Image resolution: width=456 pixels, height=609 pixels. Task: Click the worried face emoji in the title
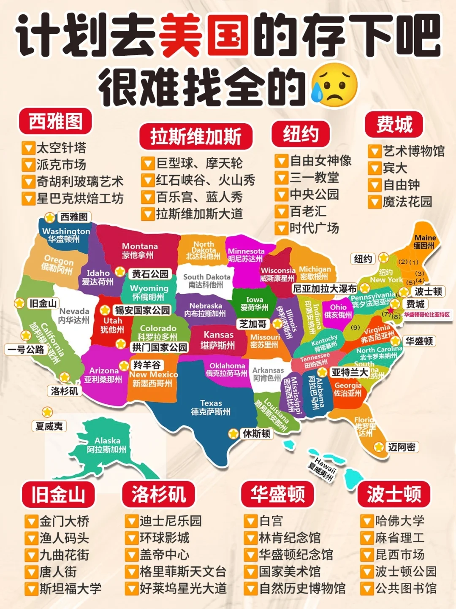click(333, 85)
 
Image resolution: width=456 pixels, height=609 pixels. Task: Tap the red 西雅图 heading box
click(55, 122)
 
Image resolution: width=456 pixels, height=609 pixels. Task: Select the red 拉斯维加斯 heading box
click(196, 136)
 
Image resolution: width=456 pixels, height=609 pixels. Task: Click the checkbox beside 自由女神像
click(281, 161)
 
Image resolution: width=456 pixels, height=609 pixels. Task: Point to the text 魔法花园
click(407, 202)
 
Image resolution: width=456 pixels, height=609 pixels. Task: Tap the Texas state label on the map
click(211, 407)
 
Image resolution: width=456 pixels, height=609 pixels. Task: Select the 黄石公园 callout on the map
click(150, 274)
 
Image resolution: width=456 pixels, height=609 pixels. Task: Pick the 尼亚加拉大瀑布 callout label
click(325, 289)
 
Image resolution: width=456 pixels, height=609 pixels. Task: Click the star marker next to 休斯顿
click(233, 433)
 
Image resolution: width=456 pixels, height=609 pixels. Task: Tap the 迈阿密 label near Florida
click(402, 447)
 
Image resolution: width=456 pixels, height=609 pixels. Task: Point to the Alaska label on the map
click(107, 445)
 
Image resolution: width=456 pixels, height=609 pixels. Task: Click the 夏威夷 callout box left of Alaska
click(49, 426)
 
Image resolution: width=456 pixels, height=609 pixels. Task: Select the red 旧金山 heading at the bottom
click(58, 494)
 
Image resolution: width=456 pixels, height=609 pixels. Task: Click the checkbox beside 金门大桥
click(31, 522)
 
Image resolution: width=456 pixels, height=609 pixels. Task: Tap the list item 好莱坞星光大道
click(183, 588)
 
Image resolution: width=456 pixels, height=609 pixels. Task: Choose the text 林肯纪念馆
click(290, 538)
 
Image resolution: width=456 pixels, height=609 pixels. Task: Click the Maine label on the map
click(425, 241)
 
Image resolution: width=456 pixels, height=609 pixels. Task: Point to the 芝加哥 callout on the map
click(253, 324)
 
